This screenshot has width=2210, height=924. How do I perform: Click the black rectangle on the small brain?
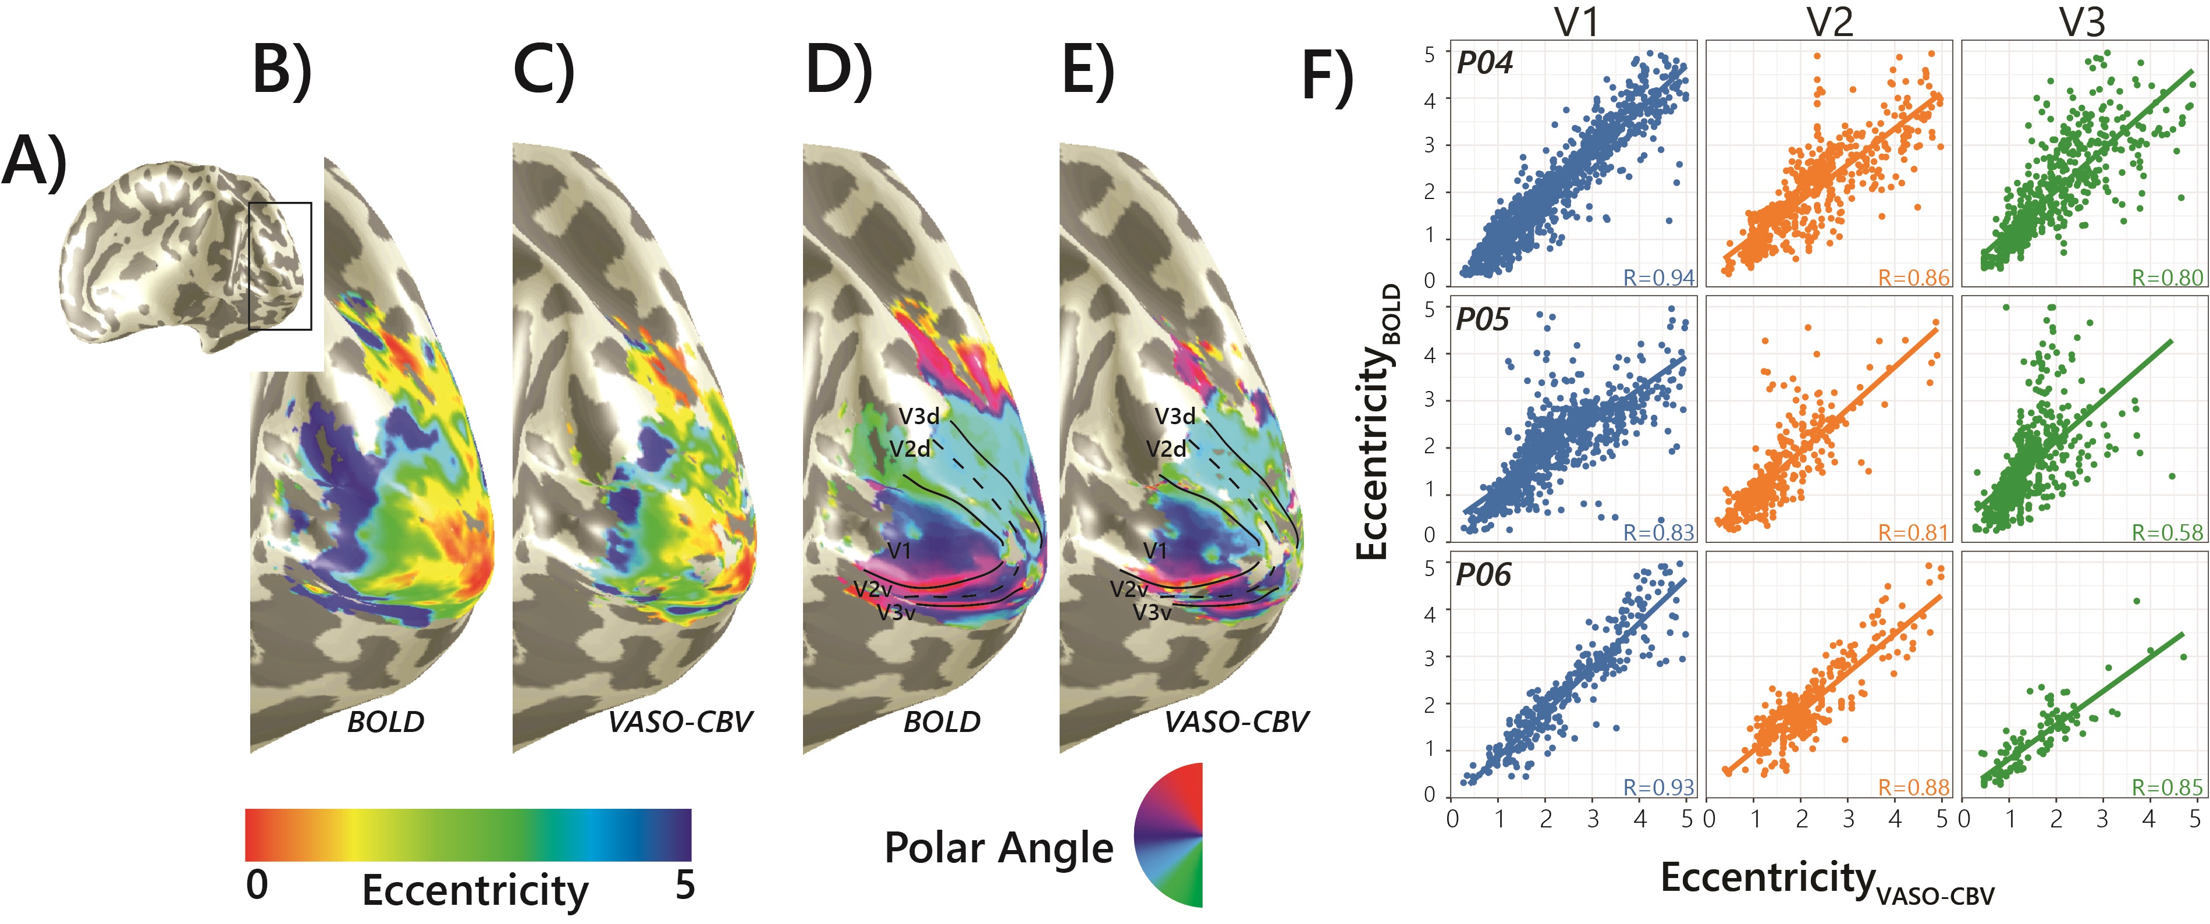coord(280,266)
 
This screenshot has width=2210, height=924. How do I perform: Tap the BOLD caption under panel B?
coord(385,723)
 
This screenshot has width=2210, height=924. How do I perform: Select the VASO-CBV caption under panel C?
coord(680,723)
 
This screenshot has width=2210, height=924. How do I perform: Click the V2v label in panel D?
coord(872,589)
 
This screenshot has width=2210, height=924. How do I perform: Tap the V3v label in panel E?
coord(1152,613)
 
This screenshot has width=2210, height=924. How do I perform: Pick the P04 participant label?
coord(1485,63)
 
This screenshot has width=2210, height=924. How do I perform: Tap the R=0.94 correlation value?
coord(1658,278)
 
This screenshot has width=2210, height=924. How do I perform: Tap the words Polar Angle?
coord(999,848)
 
